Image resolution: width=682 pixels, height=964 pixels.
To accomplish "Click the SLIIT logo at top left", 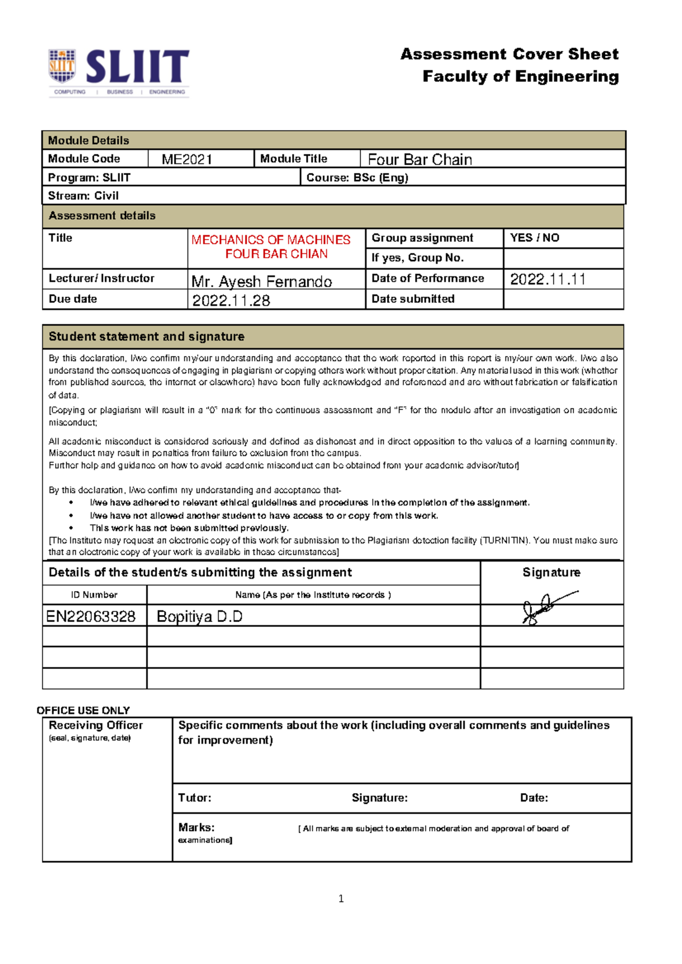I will (x=118, y=72).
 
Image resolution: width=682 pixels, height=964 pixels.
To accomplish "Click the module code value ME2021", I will (x=187, y=160).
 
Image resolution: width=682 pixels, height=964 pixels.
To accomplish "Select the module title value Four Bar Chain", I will (x=419, y=160).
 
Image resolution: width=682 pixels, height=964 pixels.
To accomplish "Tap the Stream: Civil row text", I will (x=84, y=196).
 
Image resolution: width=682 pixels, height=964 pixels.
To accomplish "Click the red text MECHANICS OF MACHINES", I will (x=271, y=240).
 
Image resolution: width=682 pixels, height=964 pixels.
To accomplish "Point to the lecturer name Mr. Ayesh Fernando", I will (x=261, y=282).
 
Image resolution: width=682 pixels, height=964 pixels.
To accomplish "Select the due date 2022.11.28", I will (x=231, y=300).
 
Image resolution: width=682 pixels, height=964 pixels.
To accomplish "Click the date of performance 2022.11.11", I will (x=547, y=279).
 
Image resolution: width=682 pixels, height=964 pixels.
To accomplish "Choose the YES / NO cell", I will (x=534, y=238).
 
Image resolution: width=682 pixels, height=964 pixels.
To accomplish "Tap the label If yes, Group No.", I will (x=417, y=258).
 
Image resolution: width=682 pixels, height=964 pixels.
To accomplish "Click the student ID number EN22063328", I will (x=91, y=617).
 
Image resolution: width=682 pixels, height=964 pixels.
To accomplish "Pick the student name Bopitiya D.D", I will (x=199, y=617).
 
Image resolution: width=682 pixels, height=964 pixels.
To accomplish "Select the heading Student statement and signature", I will (x=147, y=337).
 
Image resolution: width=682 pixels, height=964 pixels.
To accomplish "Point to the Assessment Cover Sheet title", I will (x=509, y=55).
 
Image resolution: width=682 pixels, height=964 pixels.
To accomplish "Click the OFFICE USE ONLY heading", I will (x=83, y=710).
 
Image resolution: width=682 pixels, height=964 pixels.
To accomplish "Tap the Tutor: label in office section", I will (x=194, y=798).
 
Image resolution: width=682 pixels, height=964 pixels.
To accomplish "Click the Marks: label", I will (x=196, y=827).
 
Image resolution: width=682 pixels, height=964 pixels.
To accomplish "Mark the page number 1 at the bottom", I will (x=341, y=898).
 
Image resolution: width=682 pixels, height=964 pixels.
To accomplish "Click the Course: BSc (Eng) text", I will (x=357, y=178).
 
